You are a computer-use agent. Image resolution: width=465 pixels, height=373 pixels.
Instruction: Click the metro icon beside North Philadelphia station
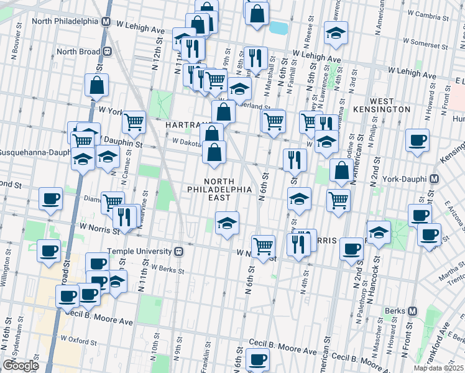106,21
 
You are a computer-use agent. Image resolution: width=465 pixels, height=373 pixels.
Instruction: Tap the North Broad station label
78,52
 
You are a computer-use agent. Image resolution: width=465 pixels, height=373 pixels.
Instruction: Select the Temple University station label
139,251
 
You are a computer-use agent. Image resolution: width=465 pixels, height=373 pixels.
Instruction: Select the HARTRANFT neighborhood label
185,125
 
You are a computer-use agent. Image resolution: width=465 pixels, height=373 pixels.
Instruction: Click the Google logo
21,365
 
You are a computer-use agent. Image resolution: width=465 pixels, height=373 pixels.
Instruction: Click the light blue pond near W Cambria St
279,27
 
